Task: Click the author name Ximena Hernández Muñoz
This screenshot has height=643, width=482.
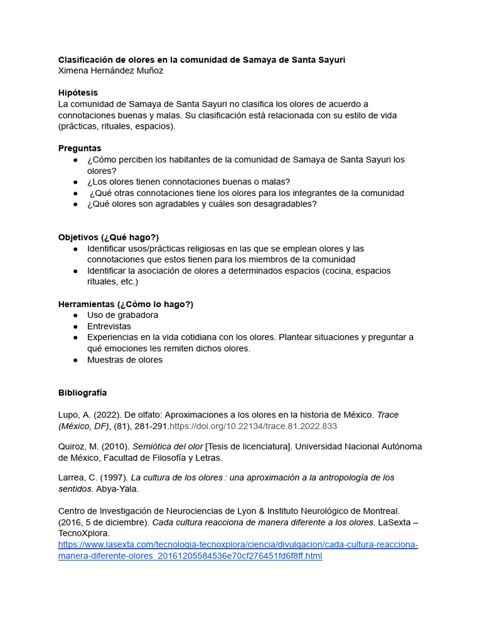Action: tap(110, 70)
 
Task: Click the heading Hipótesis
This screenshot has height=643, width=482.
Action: tap(78, 92)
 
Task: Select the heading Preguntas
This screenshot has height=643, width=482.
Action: tap(80, 148)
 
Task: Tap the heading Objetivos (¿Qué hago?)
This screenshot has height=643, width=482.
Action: tap(109, 237)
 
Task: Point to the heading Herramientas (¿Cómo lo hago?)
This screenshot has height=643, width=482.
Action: tap(126, 304)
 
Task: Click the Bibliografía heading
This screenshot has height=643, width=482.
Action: tap(82, 392)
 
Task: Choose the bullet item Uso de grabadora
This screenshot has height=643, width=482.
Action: tap(122, 315)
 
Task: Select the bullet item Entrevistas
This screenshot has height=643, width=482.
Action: tap(109, 326)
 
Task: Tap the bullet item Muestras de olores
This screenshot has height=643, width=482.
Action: tap(125, 360)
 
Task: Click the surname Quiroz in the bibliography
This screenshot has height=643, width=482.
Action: tap(72, 446)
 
